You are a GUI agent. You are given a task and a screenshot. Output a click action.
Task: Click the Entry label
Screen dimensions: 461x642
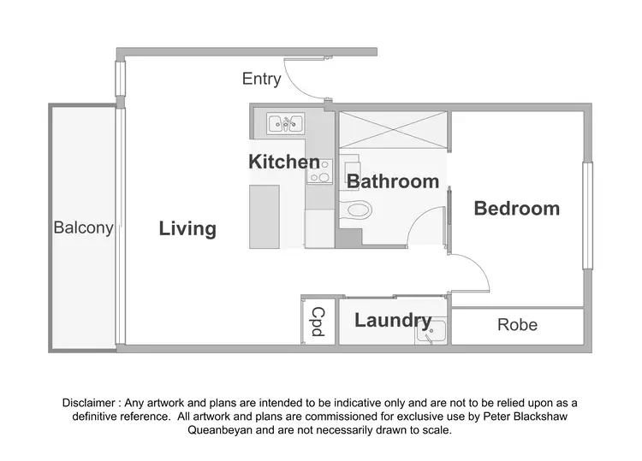click(x=261, y=79)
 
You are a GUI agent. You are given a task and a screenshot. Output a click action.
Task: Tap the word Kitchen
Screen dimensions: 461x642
click(x=284, y=162)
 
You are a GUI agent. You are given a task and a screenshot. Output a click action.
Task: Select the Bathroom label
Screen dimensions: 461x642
click(x=393, y=181)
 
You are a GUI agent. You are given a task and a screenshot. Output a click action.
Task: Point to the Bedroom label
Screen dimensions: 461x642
click(x=517, y=208)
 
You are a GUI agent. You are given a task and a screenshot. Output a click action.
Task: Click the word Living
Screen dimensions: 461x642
click(x=187, y=228)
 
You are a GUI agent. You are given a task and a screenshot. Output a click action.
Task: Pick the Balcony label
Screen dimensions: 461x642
click(x=83, y=228)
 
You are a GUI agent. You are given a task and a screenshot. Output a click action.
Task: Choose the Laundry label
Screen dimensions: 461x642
click(x=393, y=321)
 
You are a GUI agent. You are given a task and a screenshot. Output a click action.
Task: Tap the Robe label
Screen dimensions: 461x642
click(x=517, y=325)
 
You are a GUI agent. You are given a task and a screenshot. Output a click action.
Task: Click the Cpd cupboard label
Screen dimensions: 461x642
click(x=317, y=321)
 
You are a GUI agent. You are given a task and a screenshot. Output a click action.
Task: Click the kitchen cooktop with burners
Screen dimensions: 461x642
click(x=319, y=171)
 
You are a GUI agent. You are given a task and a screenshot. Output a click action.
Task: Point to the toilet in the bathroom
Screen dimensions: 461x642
click(x=355, y=208)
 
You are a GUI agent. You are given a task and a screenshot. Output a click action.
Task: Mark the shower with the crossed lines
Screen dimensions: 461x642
click(x=393, y=130)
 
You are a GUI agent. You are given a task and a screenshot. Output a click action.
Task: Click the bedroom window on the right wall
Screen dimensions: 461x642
click(x=587, y=214)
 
